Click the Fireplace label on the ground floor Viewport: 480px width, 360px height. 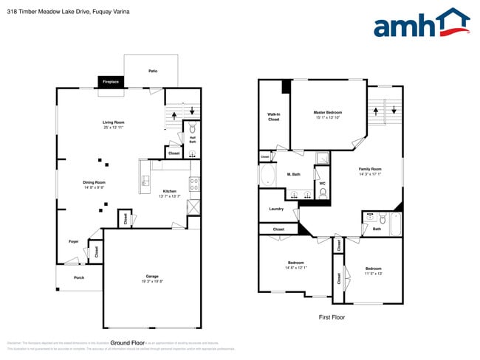111,82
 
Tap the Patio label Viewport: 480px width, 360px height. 153,71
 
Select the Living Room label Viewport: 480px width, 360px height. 113,122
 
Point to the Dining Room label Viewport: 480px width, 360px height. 94,182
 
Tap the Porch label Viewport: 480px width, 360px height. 78,277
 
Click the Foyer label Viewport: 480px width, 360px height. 74,241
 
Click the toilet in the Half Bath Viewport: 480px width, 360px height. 193,127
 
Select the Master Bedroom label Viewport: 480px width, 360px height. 329,112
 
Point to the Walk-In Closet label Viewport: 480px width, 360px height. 273,116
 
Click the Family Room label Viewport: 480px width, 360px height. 370,169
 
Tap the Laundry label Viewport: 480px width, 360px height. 276,209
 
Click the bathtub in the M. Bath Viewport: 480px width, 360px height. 267,176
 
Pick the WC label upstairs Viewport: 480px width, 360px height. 322,183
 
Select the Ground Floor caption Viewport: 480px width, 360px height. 127,342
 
